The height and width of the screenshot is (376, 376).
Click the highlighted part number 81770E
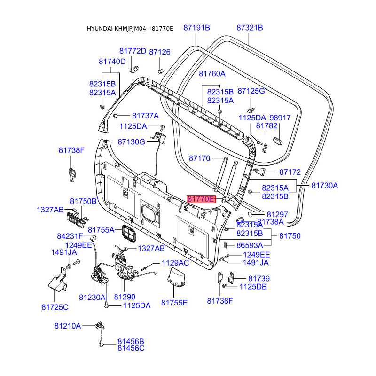pyautogui.click(x=201, y=199)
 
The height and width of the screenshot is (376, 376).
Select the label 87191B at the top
pyautogui.click(x=196, y=28)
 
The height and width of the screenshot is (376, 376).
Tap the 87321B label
pyautogui.click(x=250, y=28)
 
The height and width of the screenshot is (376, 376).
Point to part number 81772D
pyautogui.click(x=133, y=51)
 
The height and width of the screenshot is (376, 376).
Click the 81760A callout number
pyautogui.click(x=212, y=74)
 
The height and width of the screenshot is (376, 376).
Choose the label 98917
pyautogui.click(x=279, y=118)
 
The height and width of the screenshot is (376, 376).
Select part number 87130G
pyautogui.click(x=131, y=141)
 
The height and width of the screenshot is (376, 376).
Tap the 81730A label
pyautogui.click(x=324, y=186)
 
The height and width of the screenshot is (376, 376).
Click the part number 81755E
pyautogui.click(x=174, y=303)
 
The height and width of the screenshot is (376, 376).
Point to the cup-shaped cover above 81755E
pyautogui.click(x=176, y=277)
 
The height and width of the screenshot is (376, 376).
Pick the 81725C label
pyautogui.click(x=55, y=307)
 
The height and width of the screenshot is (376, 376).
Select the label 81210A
pyautogui.click(x=68, y=326)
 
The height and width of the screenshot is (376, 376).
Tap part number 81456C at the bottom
pyautogui.click(x=131, y=348)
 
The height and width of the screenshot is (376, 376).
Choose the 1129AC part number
pyautogui.click(x=175, y=263)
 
